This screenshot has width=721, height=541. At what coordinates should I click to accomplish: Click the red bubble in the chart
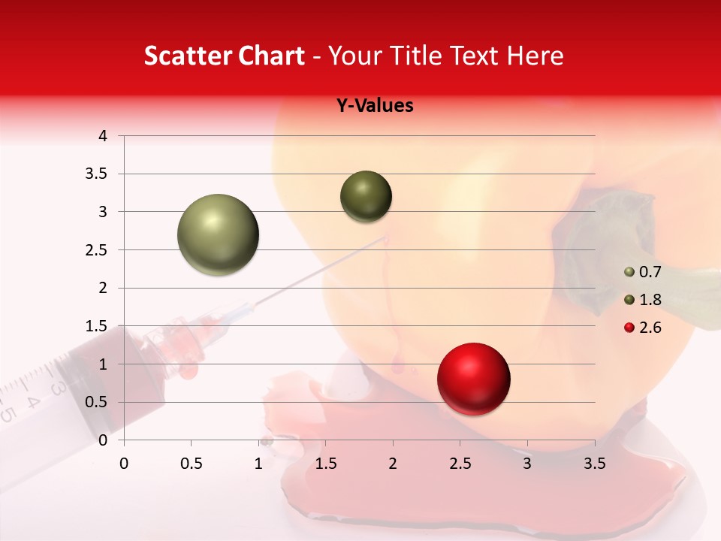coord(473,379)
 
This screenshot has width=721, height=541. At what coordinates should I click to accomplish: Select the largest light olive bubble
coord(219,234)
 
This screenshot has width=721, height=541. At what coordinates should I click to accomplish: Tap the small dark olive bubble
coord(366,196)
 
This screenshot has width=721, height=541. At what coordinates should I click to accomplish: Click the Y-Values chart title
coord(375,106)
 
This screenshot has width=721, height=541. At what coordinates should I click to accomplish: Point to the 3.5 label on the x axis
coord(594,464)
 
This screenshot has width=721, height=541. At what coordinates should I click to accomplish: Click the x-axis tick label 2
coord(393,464)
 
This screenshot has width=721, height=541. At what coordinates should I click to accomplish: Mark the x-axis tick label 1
coord(258,464)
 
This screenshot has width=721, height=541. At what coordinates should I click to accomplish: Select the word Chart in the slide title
coord(271,56)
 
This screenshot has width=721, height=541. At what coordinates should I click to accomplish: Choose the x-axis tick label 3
coord(527,464)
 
